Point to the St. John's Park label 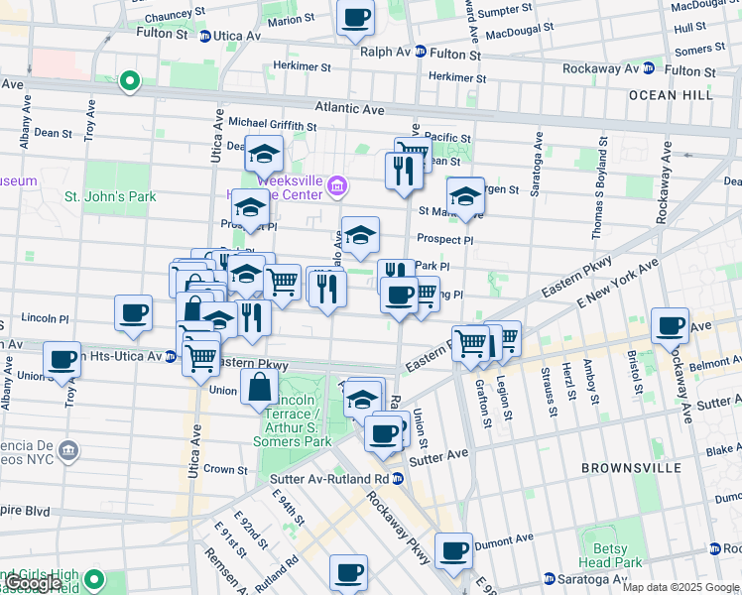(110, 196)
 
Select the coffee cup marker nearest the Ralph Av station (355, 17)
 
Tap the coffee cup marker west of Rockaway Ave (671, 324)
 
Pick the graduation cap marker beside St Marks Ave (464, 195)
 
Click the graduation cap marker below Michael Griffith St (264, 154)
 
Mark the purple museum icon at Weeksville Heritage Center (337, 185)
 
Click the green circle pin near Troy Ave (129, 81)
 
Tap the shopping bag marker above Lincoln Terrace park (259, 386)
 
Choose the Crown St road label (226, 469)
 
